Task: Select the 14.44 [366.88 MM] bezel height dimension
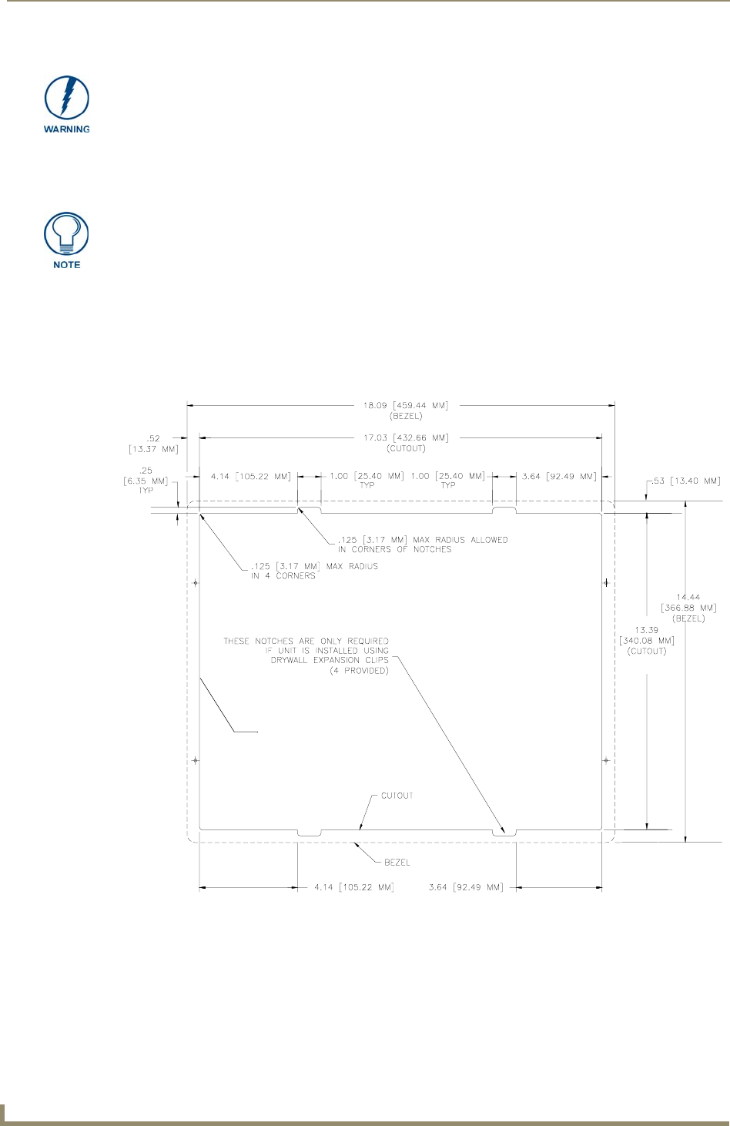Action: pos(688,607)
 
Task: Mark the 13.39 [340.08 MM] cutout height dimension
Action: pos(647,641)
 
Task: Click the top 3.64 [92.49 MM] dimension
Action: pos(559,477)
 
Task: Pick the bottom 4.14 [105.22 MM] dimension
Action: pos(354,887)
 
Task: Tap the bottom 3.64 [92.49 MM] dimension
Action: pos(466,887)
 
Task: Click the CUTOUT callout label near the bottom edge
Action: pos(397,796)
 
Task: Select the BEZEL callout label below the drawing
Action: pos(397,863)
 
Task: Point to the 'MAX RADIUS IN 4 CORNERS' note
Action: pos(314,571)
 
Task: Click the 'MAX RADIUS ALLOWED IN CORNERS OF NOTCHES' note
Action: pos(423,545)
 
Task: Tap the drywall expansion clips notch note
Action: pos(306,655)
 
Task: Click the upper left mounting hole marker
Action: pos(196,583)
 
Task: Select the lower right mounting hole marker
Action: pos(607,760)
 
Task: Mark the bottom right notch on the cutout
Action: pos(504,832)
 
